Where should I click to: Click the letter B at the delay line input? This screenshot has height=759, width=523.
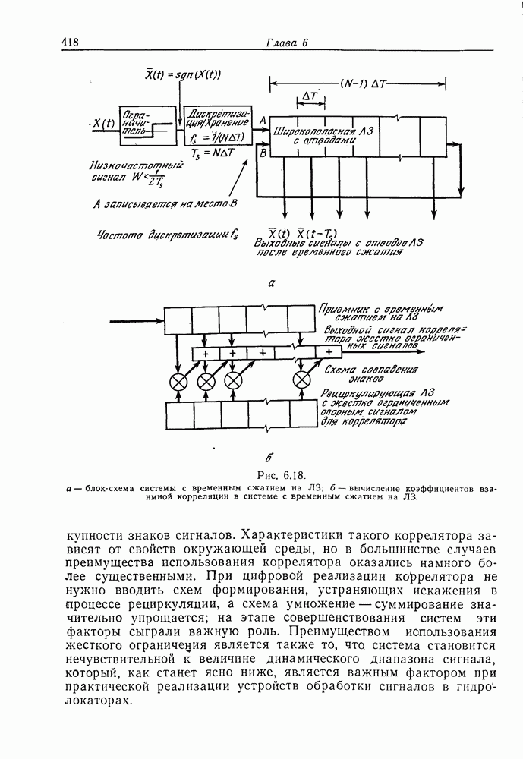point(262,153)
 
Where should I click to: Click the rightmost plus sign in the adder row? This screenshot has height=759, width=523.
point(329,352)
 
